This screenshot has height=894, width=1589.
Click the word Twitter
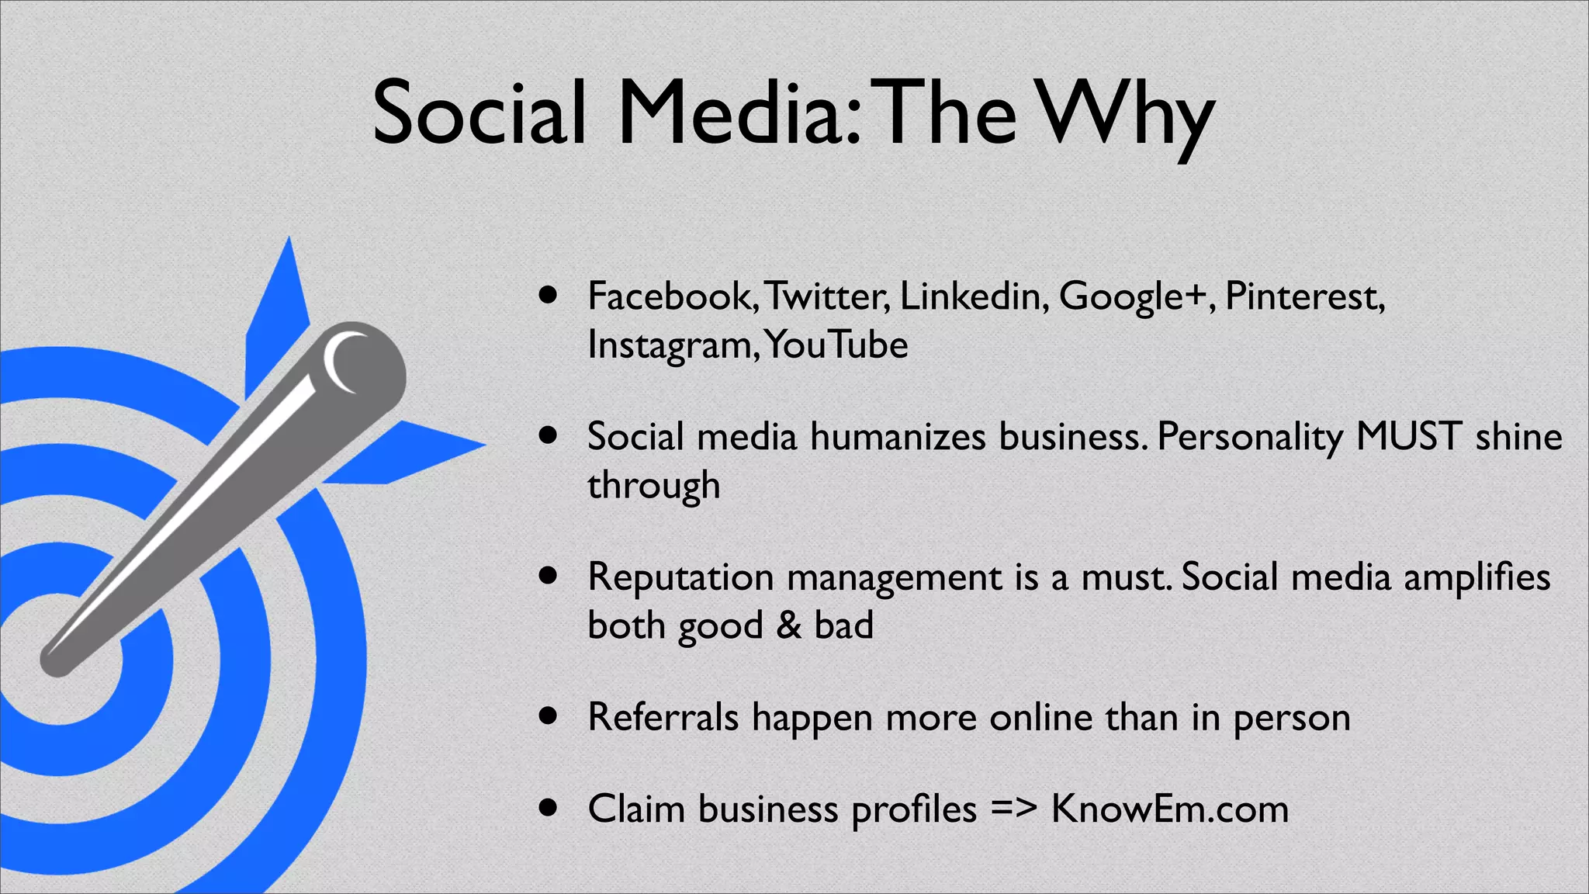[827, 296]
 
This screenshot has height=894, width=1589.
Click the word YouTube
[836, 345]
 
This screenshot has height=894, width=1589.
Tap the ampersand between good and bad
[788, 625]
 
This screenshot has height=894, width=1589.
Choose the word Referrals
[663, 717]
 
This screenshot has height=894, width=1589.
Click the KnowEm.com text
[1170, 809]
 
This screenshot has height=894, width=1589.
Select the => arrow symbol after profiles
[1014, 809]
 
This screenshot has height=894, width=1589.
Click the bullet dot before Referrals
[549, 716]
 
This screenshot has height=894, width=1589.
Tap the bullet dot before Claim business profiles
[549, 808]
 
